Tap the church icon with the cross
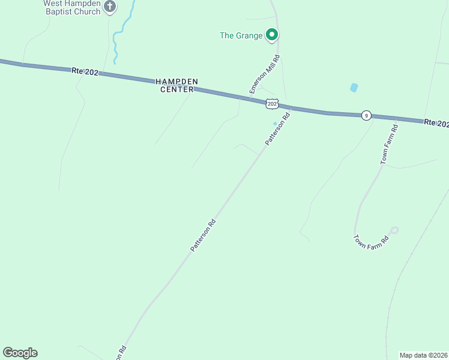point(109,7)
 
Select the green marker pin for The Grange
point(272,35)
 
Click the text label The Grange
point(241,35)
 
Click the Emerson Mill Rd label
point(265,74)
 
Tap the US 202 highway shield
point(272,104)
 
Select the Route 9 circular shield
point(366,115)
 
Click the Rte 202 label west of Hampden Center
point(85,71)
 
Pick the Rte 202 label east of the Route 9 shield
point(436,123)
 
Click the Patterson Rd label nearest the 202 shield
point(278,127)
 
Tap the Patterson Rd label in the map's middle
point(203,235)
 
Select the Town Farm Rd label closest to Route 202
point(388,145)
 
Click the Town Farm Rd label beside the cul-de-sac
point(371,243)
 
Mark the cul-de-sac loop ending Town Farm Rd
point(394,230)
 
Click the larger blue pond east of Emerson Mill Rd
point(354,88)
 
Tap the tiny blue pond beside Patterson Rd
point(275,124)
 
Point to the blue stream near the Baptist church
point(118,36)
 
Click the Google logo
point(20,353)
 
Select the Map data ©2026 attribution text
point(423,355)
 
